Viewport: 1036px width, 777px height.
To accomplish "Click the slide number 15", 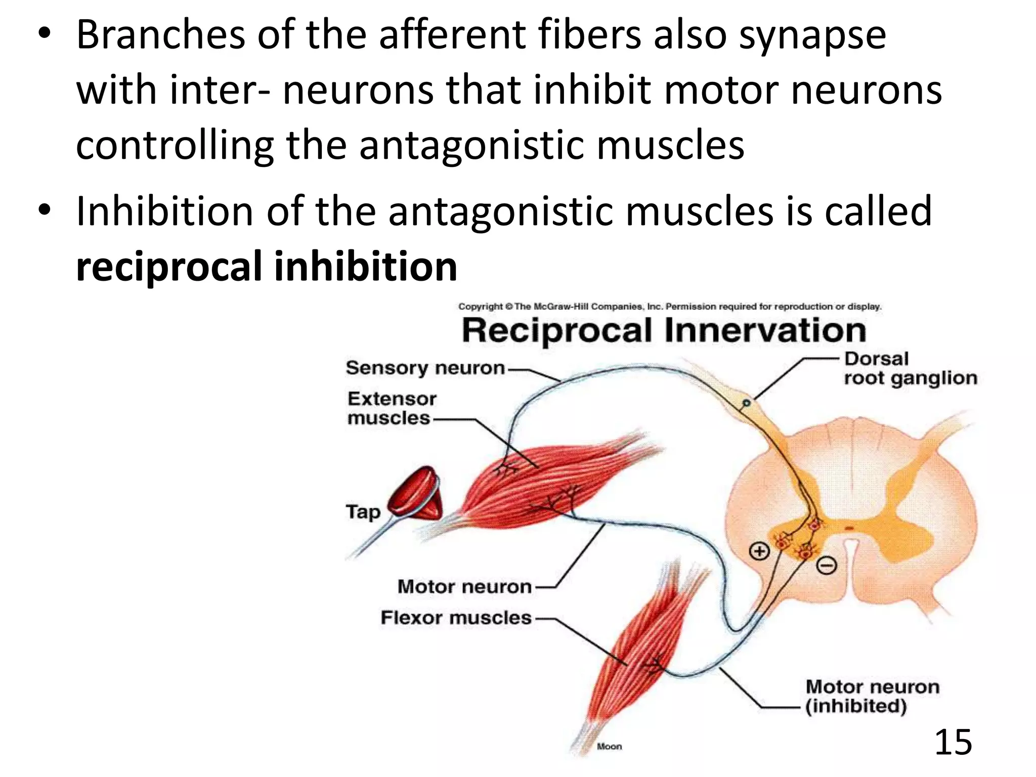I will coord(953,742).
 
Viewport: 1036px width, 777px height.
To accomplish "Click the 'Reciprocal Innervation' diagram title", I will coord(664,330).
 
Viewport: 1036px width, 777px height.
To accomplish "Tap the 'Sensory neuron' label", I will coord(425,368).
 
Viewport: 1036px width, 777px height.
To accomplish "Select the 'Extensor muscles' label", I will coord(391,408).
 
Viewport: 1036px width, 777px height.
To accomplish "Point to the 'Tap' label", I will coord(363,511).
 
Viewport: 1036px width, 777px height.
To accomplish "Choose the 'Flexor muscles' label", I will coord(455,618).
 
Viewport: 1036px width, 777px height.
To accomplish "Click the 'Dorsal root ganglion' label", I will coord(910,368).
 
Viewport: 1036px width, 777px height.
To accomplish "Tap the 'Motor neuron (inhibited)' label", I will coord(872,696).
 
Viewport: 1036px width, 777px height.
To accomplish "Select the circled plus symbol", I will coord(759,551).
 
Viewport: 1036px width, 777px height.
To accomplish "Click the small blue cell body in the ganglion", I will coord(746,403).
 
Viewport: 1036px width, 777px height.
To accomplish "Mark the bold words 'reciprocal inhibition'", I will coord(267,267).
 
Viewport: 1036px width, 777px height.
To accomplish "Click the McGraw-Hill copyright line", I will coord(669,307).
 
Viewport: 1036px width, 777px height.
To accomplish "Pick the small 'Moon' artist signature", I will coord(609,746).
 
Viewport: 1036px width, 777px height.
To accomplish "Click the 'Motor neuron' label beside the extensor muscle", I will coord(464,587).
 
